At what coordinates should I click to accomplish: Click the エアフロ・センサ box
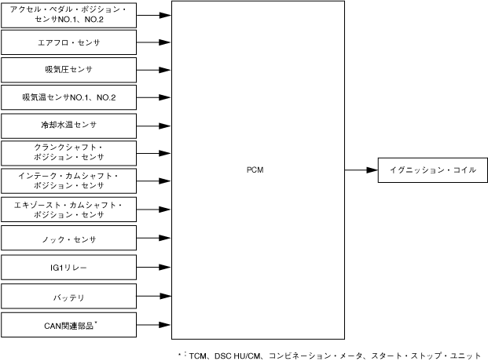tap(69, 42)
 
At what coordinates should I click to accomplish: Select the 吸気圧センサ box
tap(69, 70)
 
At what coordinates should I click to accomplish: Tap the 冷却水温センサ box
tap(69, 126)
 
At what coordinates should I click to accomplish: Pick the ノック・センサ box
tap(69, 238)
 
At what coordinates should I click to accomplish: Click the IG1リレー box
tap(69, 268)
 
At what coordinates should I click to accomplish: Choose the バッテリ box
tap(69, 297)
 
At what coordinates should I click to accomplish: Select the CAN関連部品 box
tap(69, 324)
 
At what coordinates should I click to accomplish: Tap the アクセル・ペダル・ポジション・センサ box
tap(69, 14)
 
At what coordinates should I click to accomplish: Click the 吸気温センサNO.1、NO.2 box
tap(69, 98)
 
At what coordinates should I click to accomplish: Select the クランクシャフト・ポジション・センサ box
tap(69, 153)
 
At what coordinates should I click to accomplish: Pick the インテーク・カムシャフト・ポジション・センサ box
tap(69, 181)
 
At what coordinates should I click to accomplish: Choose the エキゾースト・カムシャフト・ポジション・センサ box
tap(69, 209)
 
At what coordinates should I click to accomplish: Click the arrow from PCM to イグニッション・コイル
tap(361, 170)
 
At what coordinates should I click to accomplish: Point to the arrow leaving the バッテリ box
tap(153, 297)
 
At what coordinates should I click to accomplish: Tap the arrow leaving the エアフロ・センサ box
tap(153, 42)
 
